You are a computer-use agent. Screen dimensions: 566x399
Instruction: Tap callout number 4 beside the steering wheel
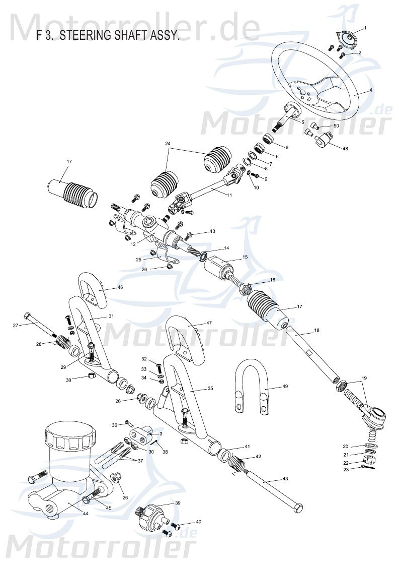tap(371, 90)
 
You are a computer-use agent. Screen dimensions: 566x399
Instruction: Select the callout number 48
tap(345, 149)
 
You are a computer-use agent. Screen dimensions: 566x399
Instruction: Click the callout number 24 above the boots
tap(168, 144)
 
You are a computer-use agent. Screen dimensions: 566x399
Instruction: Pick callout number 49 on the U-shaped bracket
tap(285, 387)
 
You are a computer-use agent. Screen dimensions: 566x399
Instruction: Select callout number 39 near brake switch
tap(177, 503)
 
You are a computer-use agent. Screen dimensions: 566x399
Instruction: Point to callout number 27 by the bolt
tap(16, 326)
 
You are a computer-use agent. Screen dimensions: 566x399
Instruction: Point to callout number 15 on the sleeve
tap(245, 257)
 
